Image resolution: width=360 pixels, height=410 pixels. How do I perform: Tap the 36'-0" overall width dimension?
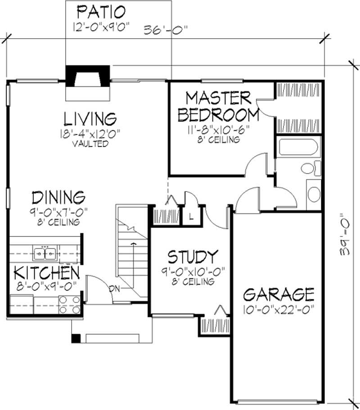[x=165, y=31]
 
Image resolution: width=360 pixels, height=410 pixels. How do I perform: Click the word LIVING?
[x=90, y=119]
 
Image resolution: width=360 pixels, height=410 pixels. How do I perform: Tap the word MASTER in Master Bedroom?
[x=218, y=98]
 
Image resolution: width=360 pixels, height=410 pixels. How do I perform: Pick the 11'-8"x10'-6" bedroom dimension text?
[x=219, y=130]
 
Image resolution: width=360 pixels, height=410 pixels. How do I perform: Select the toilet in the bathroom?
[x=308, y=169]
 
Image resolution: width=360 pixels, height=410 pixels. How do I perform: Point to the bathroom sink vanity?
[x=313, y=192]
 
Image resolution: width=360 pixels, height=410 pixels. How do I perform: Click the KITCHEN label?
[x=47, y=272]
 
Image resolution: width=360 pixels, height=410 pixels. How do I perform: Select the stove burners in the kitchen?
[x=69, y=305]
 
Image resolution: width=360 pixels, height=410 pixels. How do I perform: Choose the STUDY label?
[x=193, y=257]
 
